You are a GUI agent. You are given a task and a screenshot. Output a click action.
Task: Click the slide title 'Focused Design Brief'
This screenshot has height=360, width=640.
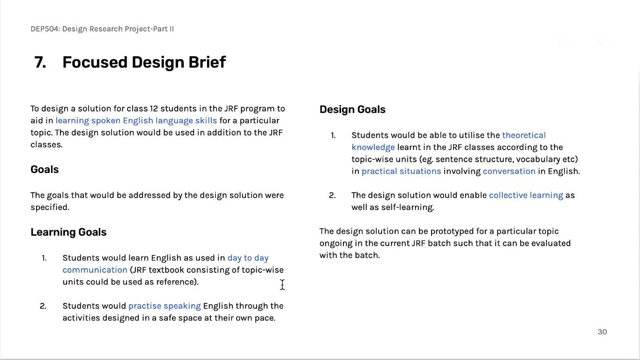click(x=144, y=62)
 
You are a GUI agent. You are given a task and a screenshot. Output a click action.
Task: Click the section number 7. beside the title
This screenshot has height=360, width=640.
click(x=40, y=62)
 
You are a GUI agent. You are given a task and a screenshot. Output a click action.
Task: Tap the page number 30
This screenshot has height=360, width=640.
click(x=602, y=332)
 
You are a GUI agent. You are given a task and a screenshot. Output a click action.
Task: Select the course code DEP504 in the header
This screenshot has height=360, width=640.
click(x=45, y=29)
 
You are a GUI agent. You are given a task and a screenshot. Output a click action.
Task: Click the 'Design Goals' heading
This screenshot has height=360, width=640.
click(x=352, y=109)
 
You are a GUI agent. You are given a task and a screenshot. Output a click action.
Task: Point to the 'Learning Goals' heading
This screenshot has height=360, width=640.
click(x=68, y=232)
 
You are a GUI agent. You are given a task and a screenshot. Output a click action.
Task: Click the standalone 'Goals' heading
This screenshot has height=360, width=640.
click(x=45, y=169)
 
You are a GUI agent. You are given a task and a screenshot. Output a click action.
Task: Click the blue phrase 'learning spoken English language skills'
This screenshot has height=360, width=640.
click(x=136, y=120)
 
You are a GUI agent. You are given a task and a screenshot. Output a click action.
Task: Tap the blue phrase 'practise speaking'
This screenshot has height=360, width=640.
click(x=164, y=306)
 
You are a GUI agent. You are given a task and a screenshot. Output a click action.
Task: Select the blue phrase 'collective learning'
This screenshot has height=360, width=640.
click(x=526, y=195)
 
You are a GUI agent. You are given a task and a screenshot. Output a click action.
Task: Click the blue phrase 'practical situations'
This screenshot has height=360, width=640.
click(x=402, y=171)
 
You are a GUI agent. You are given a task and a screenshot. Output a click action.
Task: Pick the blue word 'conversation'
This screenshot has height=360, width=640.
click(x=509, y=171)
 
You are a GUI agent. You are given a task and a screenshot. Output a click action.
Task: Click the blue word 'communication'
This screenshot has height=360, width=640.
click(x=95, y=270)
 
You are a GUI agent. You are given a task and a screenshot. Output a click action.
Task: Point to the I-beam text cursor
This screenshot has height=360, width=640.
click(x=283, y=285)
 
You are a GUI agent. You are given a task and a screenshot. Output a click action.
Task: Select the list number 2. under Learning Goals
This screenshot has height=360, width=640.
click(x=43, y=306)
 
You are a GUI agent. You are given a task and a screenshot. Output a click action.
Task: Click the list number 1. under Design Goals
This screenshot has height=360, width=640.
click(x=333, y=135)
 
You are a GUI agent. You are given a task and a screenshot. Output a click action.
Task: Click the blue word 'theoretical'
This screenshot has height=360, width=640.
click(x=524, y=135)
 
